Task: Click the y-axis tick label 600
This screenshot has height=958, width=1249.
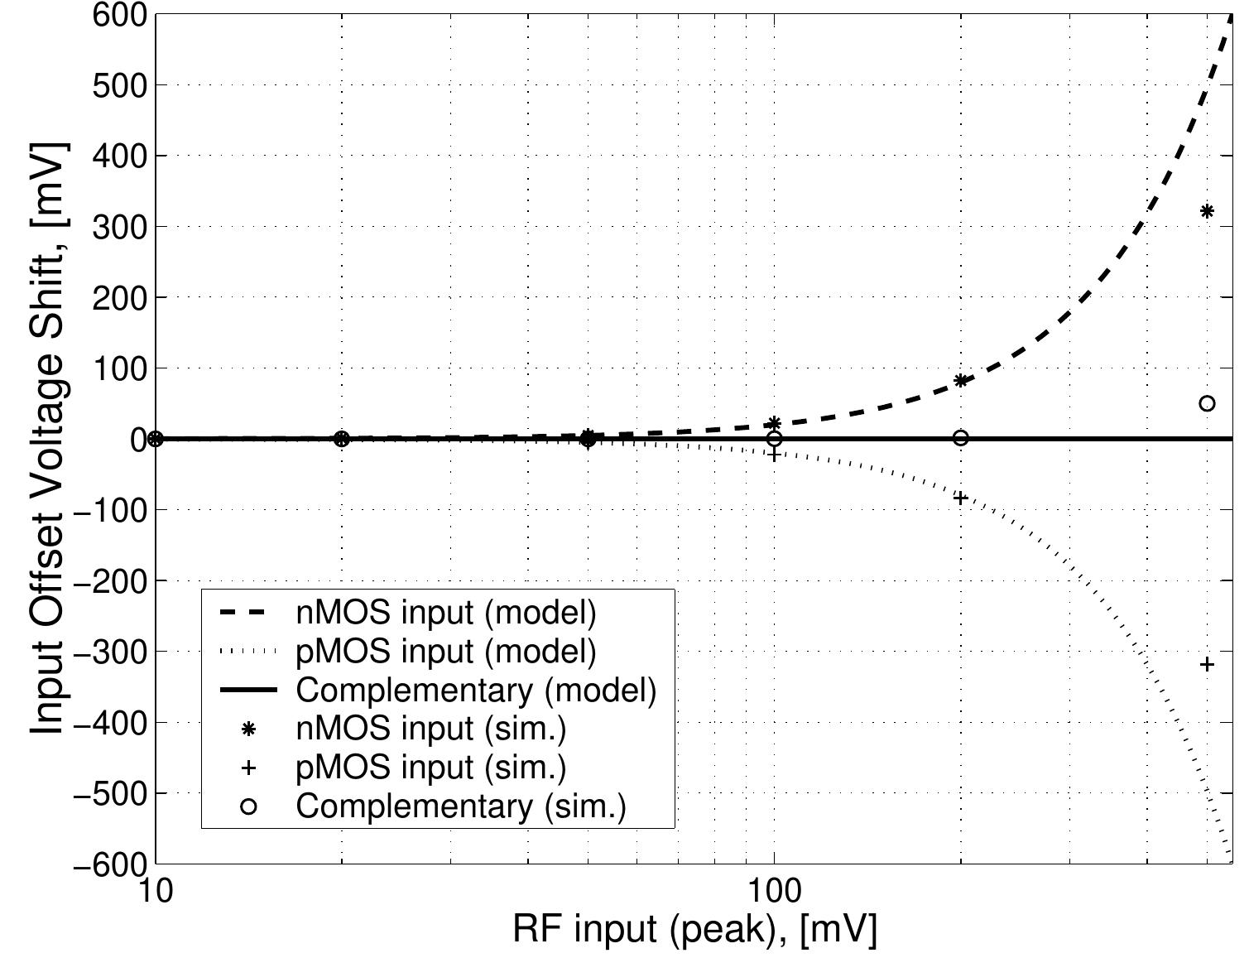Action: (117, 15)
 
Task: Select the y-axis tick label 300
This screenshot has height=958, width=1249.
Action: (117, 227)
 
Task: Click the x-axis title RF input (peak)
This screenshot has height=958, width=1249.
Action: (694, 930)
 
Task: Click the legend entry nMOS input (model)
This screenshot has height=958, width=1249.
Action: (445, 614)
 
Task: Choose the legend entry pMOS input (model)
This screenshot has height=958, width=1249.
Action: (445, 652)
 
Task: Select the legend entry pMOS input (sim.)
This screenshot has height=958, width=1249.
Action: (430, 767)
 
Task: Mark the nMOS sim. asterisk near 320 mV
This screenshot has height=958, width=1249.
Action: (1207, 211)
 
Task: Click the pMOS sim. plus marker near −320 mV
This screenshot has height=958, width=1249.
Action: (1207, 664)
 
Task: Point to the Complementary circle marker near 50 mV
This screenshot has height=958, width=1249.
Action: (1207, 403)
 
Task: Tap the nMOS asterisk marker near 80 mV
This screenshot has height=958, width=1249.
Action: (961, 381)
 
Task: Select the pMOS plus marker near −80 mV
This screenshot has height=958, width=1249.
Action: (961, 498)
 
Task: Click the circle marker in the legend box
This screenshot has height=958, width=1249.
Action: (247, 806)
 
